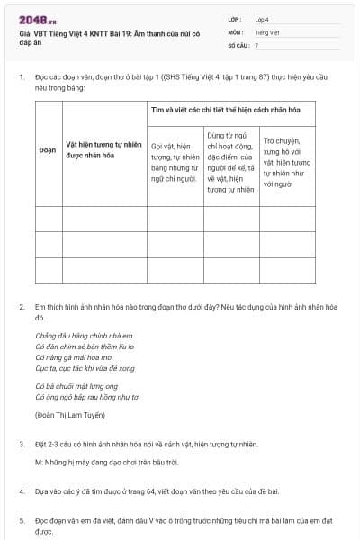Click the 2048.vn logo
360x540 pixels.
pos(37,20)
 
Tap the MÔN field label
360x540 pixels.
pos(236,31)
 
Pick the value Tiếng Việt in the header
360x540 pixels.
pos(267,31)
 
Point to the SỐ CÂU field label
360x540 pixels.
pos(238,44)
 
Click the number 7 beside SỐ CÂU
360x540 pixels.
pos(256,44)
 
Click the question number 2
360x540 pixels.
pos(22,307)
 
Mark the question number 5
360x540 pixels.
pos(22,519)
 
